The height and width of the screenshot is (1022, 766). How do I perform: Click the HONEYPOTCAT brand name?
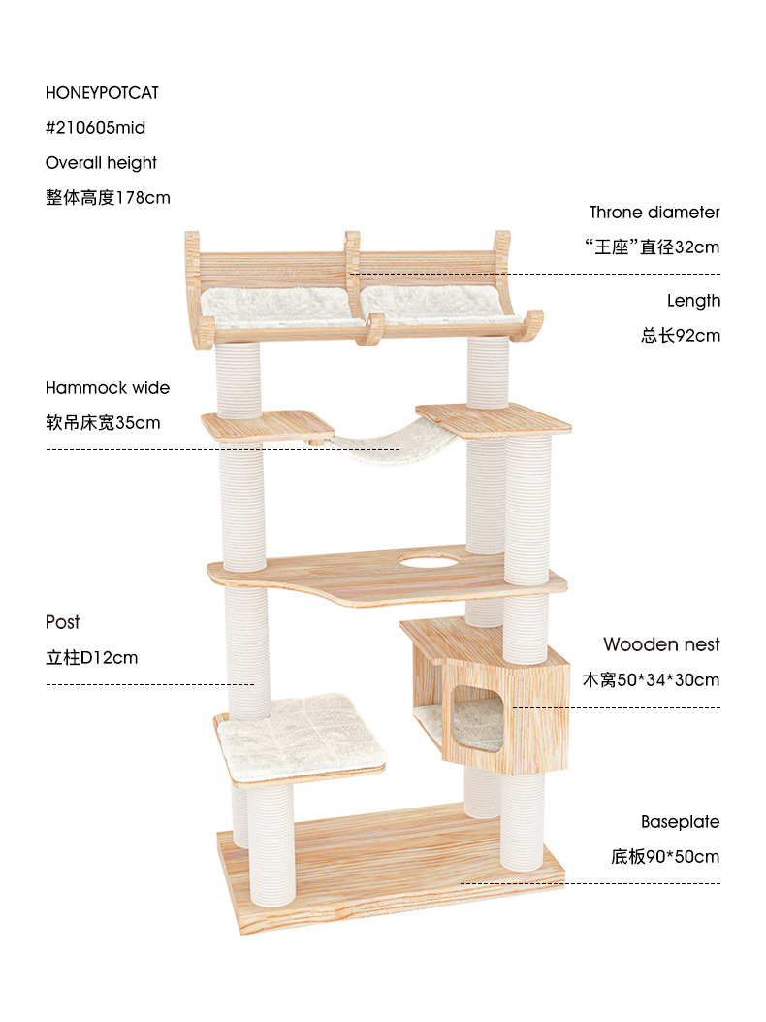(102, 93)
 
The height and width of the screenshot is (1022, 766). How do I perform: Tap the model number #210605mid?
(95, 128)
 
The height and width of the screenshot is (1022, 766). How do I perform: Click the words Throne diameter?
(654, 213)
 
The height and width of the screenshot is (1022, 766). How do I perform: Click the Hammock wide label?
(108, 388)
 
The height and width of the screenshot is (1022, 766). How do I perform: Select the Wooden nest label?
(661, 644)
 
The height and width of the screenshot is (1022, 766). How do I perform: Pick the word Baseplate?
(680, 822)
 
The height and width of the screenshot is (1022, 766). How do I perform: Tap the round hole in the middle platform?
(428, 560)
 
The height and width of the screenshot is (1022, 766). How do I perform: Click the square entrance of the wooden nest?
(477, 719)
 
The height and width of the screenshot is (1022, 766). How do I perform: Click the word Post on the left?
(63, 622)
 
